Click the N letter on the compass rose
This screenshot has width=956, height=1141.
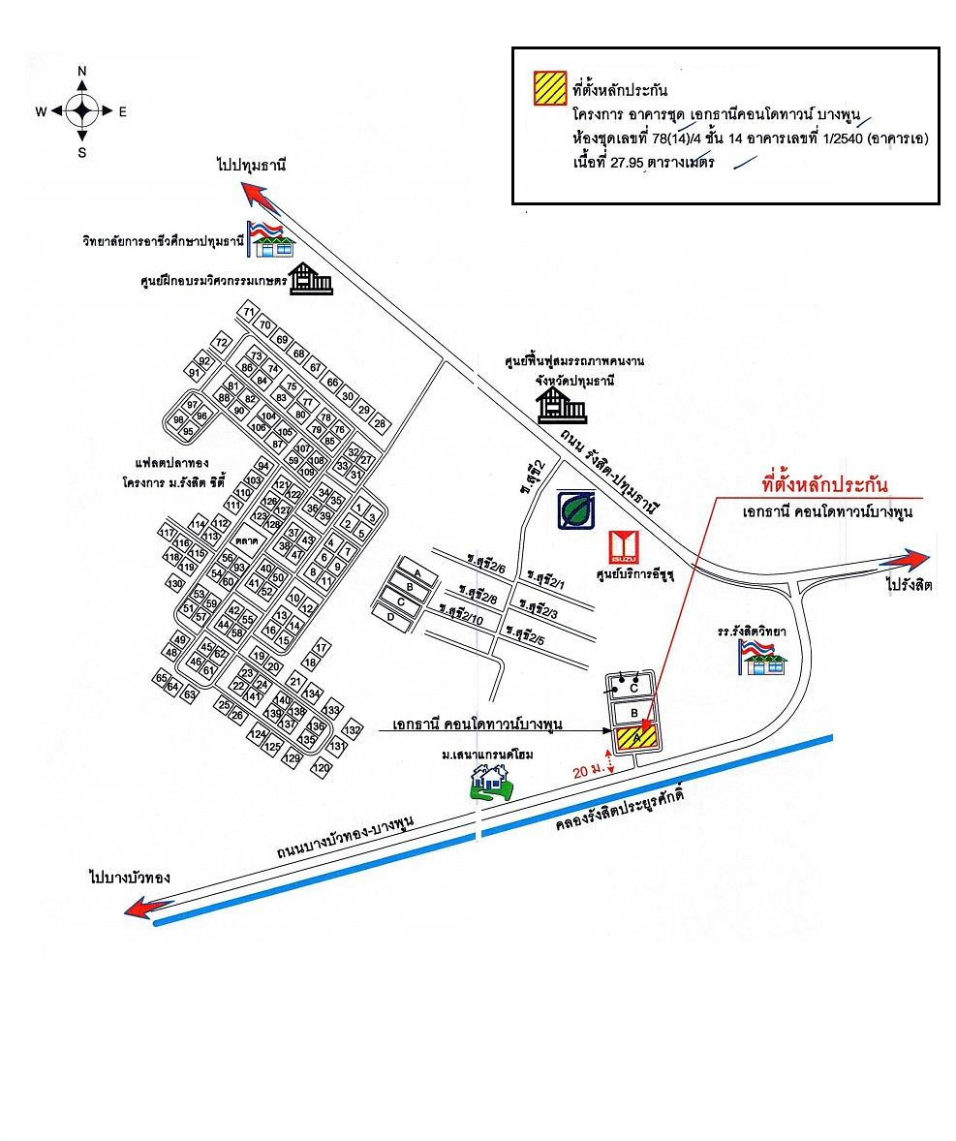click(x=82, y=72)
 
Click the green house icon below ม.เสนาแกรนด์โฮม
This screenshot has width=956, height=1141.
click(x=491, y=781)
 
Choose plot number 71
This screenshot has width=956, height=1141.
click(x=249, y=312)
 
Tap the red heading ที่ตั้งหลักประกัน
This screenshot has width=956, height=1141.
click(x=825, y=485)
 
